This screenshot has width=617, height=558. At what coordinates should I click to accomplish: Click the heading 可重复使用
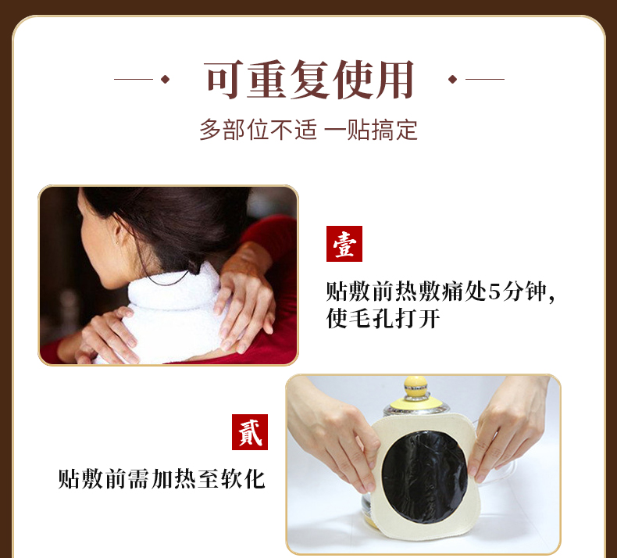(x=309, y=80)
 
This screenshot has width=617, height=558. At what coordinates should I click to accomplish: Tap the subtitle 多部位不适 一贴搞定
(x=308, y=129)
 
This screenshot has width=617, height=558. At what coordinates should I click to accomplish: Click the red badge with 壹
(x=344, y=245)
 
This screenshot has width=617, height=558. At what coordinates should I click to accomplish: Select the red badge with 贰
(x=250, y=432)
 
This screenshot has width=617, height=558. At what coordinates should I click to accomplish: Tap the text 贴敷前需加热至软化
(x=162, y=478)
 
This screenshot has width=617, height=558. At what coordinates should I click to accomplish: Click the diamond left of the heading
(x=165, y=79)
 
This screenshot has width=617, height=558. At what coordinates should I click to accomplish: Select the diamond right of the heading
(x=452, y=79)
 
